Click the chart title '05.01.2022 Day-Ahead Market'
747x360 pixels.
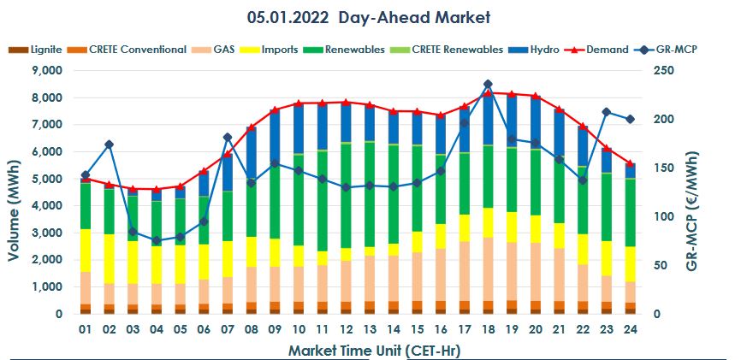pyautogui.click(x=368, y=17)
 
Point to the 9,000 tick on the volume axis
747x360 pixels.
pyautogui.click(x=45, y=70)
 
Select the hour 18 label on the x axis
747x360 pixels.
pyautogui.click(x=488, y=329)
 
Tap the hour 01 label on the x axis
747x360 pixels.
pyautogui.click(x=86, y=329)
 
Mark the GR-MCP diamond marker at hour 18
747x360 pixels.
pyautogui.click(x=488, y=85)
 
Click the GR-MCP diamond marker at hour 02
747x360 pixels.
pyautogui.click(x=109, y=145)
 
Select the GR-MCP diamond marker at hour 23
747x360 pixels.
pyautogui.click(x=606, y=112)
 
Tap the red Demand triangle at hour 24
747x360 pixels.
pyautogui.click(x=630, y=163)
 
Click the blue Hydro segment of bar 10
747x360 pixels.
pyautogui.click(x=298, y=128)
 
